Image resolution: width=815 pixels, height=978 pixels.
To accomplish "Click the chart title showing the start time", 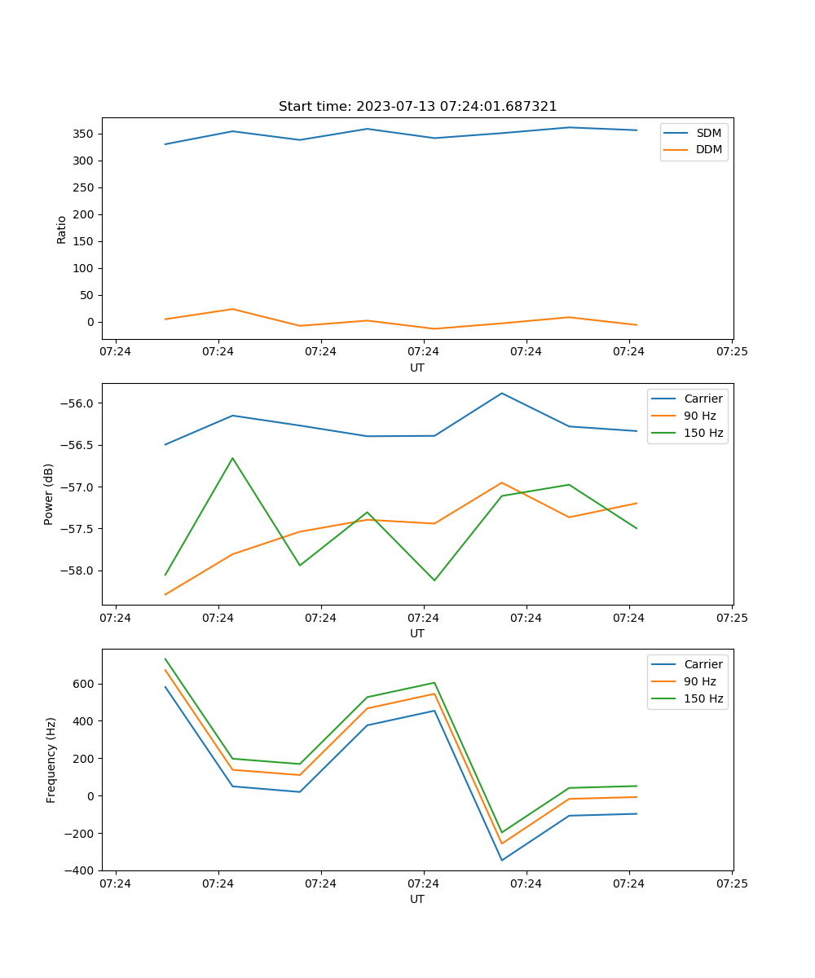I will coord(417,107).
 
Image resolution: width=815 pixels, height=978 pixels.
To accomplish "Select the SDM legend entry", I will coord(708,133).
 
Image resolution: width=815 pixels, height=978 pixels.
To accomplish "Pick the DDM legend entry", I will coord(708,149).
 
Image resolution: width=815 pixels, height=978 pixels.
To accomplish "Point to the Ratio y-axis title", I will coord(62,230).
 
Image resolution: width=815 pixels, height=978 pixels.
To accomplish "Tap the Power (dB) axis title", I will coord(49,494).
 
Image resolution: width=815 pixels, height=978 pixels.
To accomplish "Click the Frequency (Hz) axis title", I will coord(51,760).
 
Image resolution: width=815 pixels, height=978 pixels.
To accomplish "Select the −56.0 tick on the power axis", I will coord(77,403).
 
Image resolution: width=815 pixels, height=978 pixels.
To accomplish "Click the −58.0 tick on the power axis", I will coord(77,570).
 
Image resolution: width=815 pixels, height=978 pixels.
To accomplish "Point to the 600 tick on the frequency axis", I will coord(86,684).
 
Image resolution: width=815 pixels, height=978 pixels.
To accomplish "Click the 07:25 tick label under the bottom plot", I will coord(731,883).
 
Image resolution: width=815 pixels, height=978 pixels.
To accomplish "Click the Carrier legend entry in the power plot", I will coord(703,399).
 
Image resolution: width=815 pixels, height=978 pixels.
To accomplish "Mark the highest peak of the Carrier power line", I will coord(502,393).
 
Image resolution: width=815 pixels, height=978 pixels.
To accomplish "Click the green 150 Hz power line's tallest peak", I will coord(232,458).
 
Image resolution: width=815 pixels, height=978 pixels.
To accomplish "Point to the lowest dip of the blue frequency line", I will coord(502,860).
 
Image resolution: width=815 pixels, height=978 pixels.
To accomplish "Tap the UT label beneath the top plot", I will coord(417,368).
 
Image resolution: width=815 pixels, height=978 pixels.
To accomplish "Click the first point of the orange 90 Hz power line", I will coord(165,594).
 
